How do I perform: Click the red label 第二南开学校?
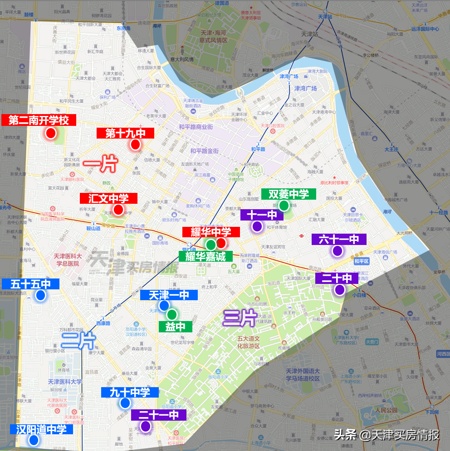point(39,120)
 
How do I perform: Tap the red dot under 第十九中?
point(135,144)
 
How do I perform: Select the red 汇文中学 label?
point(108,198)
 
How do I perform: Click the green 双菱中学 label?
point(289,194)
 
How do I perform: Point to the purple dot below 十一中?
point(257,226)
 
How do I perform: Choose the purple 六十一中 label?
point(338,239)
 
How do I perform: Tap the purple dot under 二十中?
point(340,290)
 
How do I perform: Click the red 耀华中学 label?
point(211,232)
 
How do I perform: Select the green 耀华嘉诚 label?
point(205,256)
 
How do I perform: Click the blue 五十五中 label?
point(30,284)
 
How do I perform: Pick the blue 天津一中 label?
point(169,295)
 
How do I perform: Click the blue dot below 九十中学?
point(125,403)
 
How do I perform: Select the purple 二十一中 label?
point(158,415)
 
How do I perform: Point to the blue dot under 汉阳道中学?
point(34,440)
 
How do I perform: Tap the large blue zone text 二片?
point(78,340)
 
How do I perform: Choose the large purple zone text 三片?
point(239,318)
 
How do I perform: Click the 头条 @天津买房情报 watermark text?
point(386,435)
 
